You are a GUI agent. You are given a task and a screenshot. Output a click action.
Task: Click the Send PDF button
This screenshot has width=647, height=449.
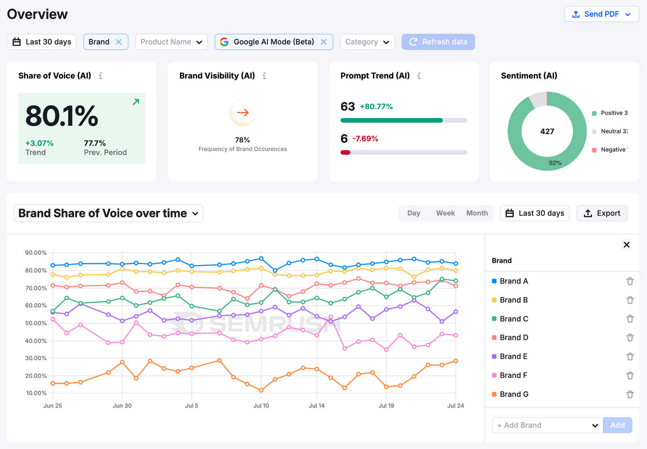point(601,14)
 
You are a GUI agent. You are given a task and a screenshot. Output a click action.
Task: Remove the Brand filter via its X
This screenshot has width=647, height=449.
point(118,42)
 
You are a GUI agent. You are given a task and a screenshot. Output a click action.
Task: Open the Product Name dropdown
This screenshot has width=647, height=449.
point(171,42)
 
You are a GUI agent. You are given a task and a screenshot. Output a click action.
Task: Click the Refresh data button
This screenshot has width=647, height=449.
point(438,42)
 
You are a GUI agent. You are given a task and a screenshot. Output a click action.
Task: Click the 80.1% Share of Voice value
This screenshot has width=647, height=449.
point(62,116)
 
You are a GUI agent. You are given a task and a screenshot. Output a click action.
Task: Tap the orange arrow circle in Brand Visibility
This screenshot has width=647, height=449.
point(243,113)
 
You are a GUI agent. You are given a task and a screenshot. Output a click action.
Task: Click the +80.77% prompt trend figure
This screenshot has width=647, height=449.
point(376,107)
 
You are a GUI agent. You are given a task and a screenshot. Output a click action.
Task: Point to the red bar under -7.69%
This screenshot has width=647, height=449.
point(345,152)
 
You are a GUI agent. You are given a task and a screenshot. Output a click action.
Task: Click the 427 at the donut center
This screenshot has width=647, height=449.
point(547,131)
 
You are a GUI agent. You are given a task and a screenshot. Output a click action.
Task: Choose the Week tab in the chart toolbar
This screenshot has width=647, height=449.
point(445,213)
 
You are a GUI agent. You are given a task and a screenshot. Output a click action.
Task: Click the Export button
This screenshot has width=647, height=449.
point(602,213)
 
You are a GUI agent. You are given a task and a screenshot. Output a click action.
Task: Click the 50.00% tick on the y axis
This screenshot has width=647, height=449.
point(36,323)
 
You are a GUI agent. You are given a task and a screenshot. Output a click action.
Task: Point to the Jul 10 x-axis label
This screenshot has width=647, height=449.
point(261,405)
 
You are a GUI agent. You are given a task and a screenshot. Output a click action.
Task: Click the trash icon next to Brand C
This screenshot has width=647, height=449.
point(630,319)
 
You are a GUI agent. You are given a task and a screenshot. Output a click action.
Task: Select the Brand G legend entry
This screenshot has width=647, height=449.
point(514,394)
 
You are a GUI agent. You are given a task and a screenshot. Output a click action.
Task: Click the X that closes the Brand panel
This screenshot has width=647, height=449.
point(626,245)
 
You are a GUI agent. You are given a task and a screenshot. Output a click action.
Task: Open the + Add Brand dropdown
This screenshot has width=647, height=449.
point(547,425)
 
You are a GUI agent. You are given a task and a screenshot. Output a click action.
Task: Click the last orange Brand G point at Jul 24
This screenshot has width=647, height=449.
point(456,361)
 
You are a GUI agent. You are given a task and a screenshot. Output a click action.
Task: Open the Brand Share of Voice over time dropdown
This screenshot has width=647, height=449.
point(108,213)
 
